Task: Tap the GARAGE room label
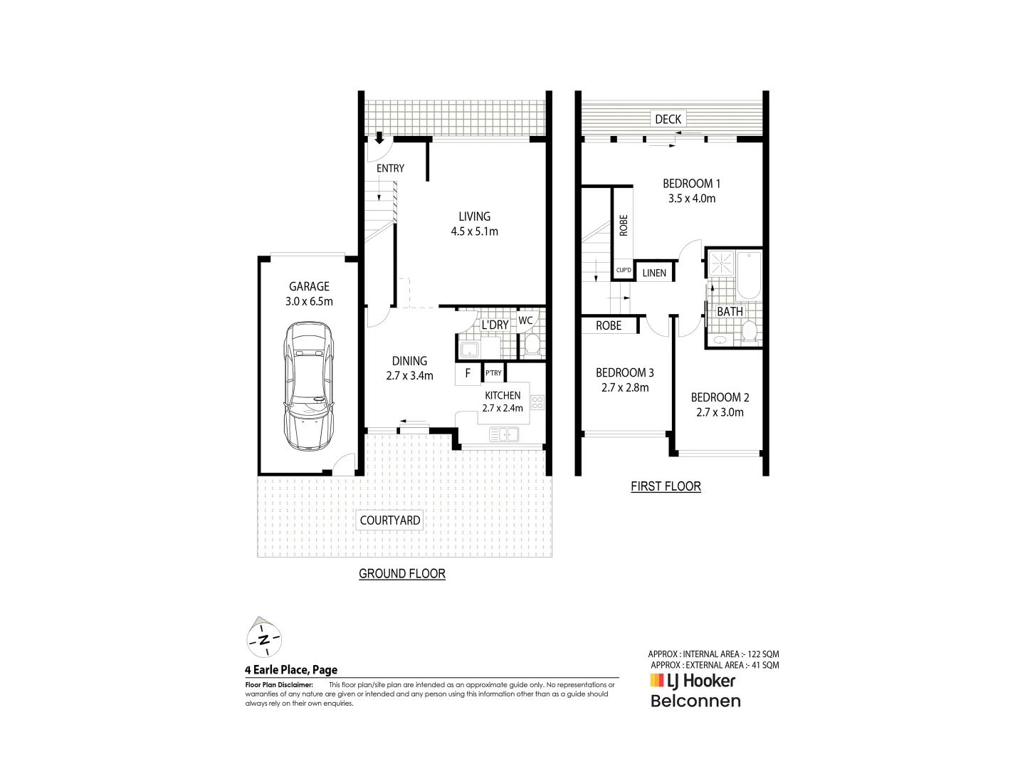click(x=309, y=286)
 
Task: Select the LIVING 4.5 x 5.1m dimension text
click(x=474, y=231)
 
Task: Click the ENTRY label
click(x=390, y=168)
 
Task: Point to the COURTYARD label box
click(x=389, y=520)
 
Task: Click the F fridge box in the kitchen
click(x=468, y=373)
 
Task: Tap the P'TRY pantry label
click(x=493, y=373)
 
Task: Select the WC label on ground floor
click(x=525, y=320)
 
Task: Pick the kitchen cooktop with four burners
click(x=537, y=403)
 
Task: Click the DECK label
click(x=668, y=119)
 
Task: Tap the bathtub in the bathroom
click(x=749, y=275)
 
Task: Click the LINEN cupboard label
click(x=654, y=273)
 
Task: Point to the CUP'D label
click(x=624, y=271)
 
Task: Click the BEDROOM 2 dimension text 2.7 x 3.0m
click(x=720, y=412)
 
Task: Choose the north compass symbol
click(x=264, y=638)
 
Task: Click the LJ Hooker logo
click(x=692, y=681)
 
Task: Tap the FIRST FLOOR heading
click(x=666, y=486)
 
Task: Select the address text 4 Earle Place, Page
click(x=291, y=669)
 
